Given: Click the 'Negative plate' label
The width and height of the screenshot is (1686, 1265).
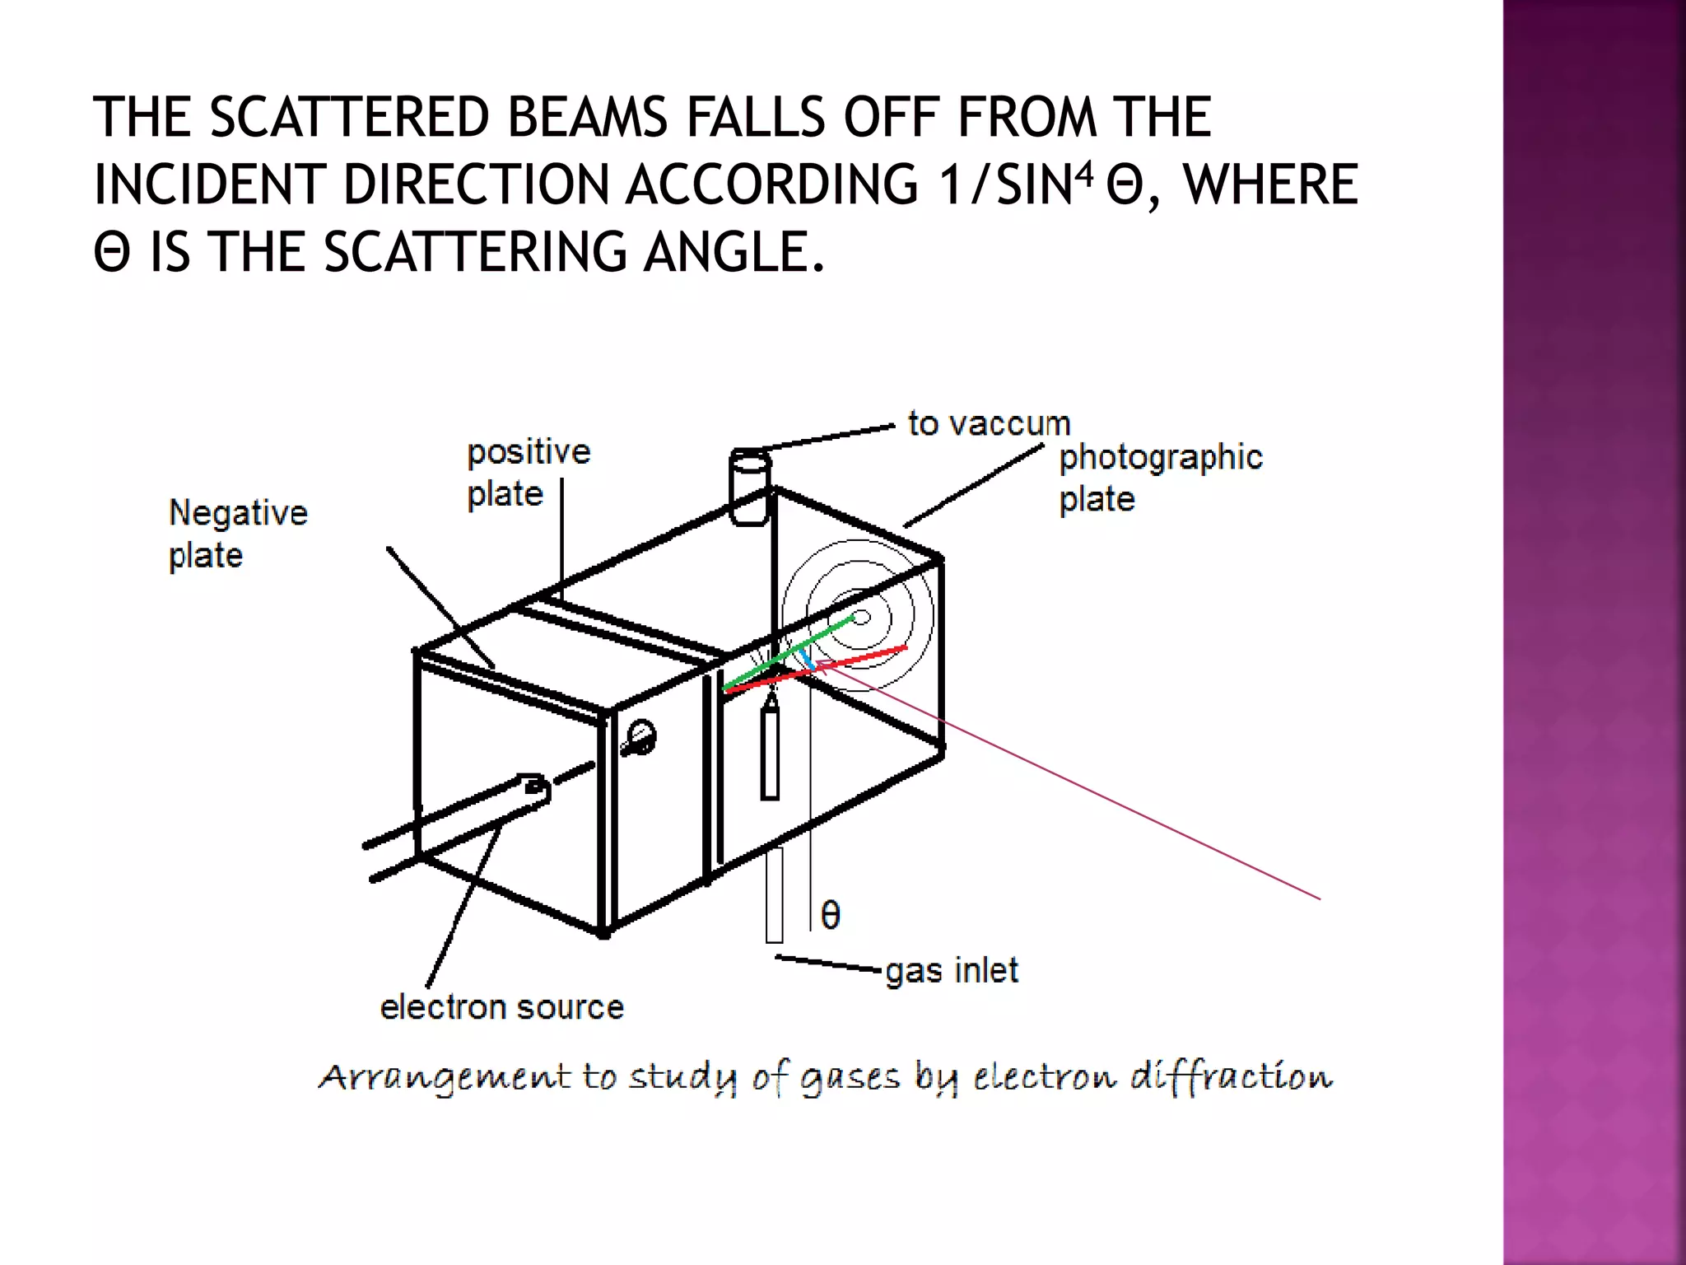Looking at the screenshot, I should tap(238, 534).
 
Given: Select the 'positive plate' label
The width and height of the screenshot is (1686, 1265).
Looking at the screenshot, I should tap(528, 473).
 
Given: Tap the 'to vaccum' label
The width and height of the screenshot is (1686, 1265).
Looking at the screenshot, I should tap(989, 423).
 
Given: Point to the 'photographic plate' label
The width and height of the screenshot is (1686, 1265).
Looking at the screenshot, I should tap(1160, 478).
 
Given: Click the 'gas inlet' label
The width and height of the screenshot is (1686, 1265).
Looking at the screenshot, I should tap(952, 970).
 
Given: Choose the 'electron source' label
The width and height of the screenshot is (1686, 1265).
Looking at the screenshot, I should tap(501, 1007).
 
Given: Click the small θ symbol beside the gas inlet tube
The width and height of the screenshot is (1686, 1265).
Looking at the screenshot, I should tap(831, 915).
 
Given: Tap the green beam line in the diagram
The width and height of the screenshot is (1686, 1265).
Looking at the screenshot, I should tap(790, 656).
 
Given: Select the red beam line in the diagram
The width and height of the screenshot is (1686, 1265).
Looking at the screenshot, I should tap(856, 661).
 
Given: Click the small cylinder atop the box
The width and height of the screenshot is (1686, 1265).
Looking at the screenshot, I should tap(749, 487).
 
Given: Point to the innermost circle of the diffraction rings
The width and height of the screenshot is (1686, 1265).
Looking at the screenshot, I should tap(861, 617).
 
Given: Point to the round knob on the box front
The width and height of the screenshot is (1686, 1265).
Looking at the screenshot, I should tap(641, 736).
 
